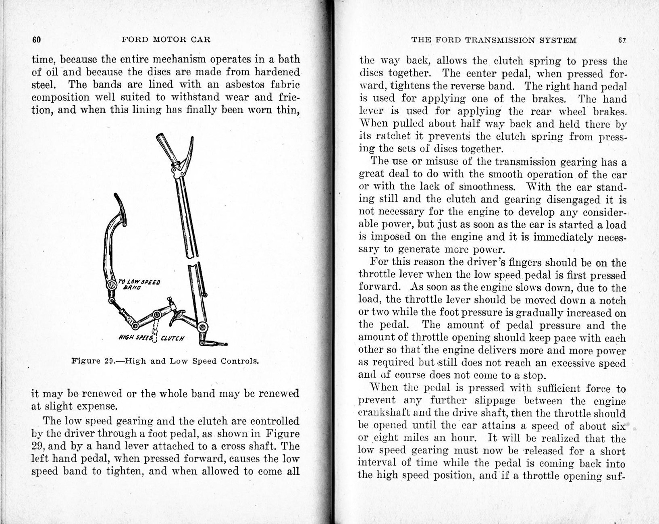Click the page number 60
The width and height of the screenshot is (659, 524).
pos(36,40)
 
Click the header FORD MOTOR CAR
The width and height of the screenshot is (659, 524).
pos(166,40)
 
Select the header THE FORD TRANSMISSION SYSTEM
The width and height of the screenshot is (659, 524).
pos(494,40)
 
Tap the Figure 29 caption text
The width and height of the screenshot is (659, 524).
pos(165,360)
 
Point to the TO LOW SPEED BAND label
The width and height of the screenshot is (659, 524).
pos(139,285)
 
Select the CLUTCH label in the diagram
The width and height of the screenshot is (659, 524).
pos(172,338)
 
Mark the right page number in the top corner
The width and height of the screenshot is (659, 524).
pos(622,40)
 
